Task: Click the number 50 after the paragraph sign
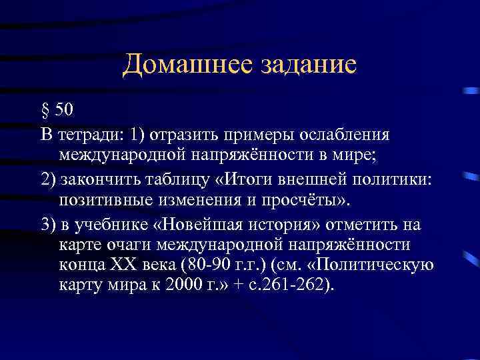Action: click(x=65, y=109)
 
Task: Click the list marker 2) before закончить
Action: click(x=48, y=181)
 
